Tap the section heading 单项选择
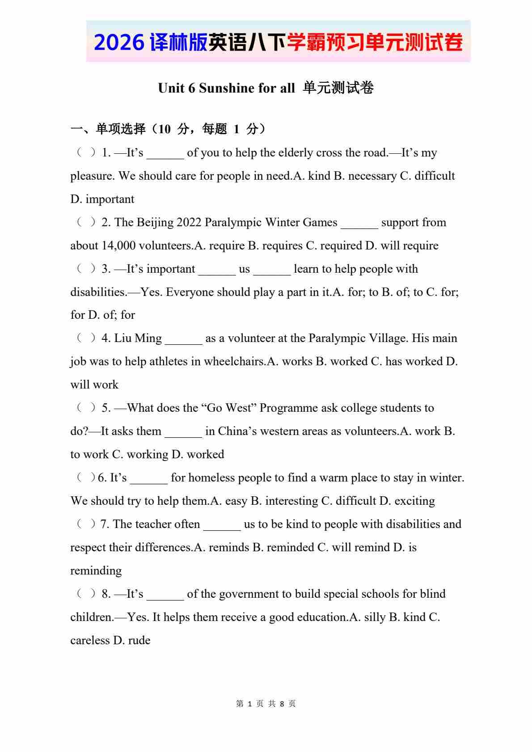pyautogui.click(x=121, y=129)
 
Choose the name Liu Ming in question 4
pyautogui.click(x=138, y=338)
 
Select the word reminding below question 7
pyautogui.click(x=96, y=571)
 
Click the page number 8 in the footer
pyautogui.click(x=282, y=704)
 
